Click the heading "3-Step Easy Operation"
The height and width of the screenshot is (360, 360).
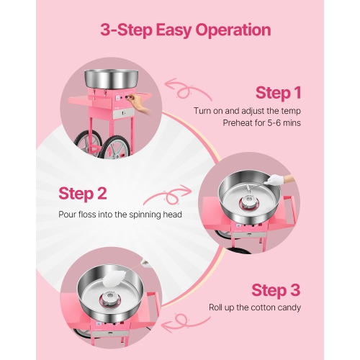[180, 30]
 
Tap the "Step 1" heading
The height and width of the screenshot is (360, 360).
[278, 93]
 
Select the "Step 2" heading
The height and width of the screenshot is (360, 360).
[83, 193]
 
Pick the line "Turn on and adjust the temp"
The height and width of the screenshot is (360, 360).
[248, 110]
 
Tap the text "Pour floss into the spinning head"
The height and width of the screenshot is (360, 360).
[119, 215]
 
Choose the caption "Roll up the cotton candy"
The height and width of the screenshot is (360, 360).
[255, 307]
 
